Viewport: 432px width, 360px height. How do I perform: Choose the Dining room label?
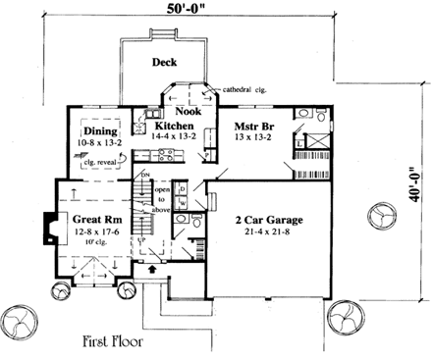click(x=100, y=131)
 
